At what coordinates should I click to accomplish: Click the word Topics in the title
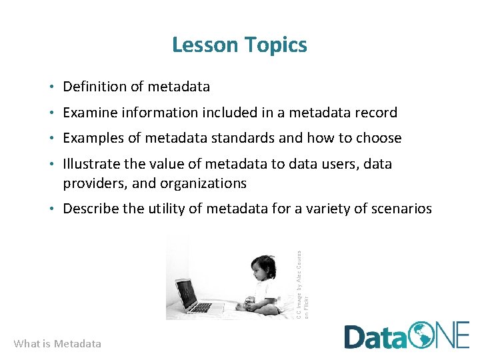point(275,45)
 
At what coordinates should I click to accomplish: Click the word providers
point(92,183)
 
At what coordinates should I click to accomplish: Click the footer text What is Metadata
point(57,344)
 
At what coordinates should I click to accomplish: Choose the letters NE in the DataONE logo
point(455,335)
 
